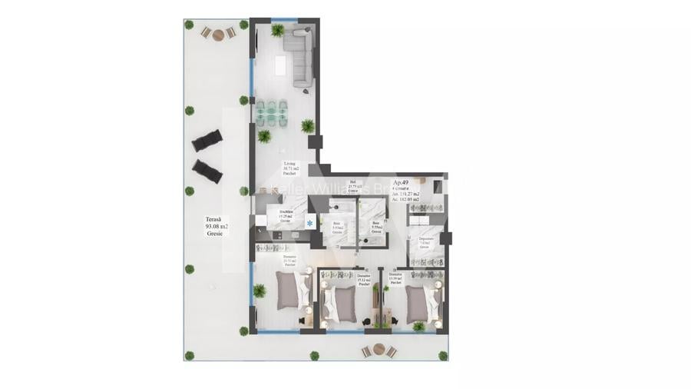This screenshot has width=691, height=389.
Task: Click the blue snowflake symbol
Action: (309, 224)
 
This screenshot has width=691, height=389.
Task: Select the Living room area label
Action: (289, 169)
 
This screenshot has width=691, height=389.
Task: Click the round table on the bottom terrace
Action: (377, 350)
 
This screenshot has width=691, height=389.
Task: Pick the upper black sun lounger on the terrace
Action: (207, 141)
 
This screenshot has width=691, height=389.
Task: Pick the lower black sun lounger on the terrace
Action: (207, 171)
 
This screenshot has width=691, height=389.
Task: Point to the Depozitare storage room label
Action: (426, 241)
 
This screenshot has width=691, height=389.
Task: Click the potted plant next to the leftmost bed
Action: (260, 291)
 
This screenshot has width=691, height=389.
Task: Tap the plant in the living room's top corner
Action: (277, 30)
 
